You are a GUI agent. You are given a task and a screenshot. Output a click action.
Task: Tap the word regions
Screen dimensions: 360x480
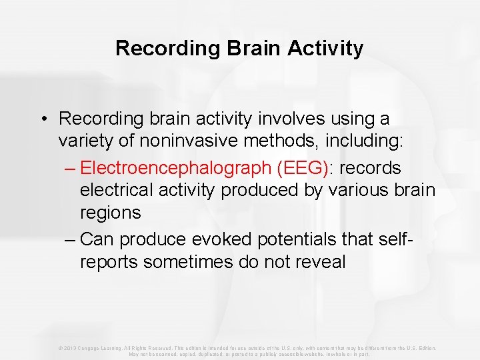point(110,213)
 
